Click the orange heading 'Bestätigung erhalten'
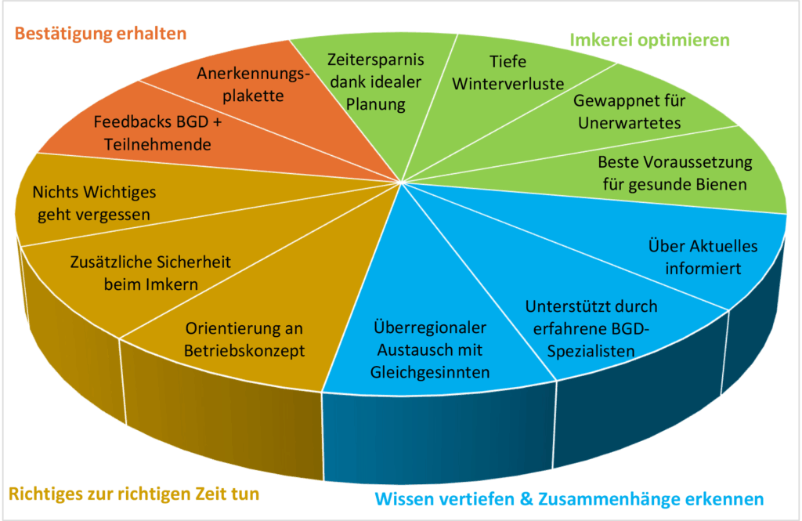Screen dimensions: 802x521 coord(100,34)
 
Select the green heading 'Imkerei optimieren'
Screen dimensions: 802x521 coord(649,41)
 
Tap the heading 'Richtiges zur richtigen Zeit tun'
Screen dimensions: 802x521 coord(134,494)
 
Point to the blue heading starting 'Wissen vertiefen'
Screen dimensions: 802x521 coord(569,499)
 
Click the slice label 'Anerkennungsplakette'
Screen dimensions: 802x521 coord(253,85)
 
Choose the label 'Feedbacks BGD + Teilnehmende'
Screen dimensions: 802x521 coord(157,133)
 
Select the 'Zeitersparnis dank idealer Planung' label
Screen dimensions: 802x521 coord(375,82)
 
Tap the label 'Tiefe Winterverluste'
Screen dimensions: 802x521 coord(508,73)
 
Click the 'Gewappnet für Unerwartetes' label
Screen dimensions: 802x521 coord(629,111)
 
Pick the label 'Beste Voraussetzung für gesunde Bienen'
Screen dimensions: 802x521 coord(674,173)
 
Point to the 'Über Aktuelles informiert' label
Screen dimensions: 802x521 coord(703,257)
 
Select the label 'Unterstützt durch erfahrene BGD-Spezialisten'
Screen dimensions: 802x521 coord(591,329)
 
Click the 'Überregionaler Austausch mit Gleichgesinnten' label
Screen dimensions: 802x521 coord(430,350)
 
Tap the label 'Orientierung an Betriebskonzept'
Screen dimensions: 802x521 coord(244,339)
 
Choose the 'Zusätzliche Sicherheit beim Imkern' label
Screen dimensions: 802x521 coord(150,273)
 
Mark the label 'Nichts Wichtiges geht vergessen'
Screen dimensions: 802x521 coord(94,203)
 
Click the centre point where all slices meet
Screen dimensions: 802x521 coord(402,182)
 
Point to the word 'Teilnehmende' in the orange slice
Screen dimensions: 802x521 coord(157,144)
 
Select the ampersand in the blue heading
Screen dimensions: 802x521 coord(526,499)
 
